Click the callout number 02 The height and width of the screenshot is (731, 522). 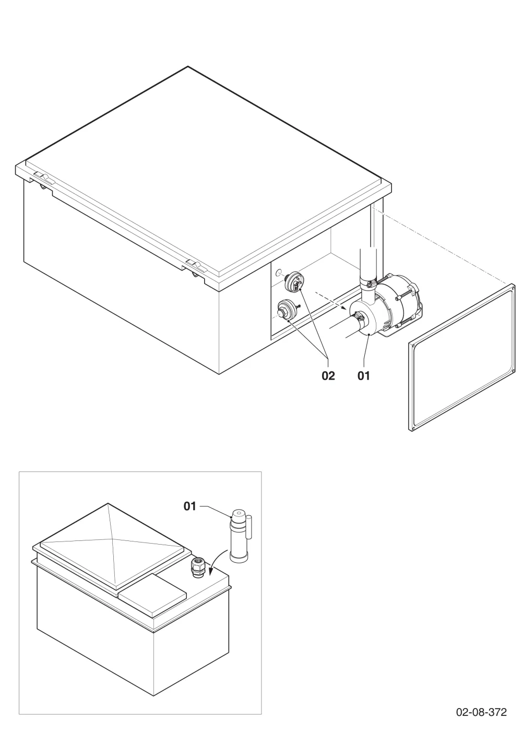pos(328,376)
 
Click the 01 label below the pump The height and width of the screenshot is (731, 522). pos(363,376)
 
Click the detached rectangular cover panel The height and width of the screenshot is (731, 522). pos(461,357)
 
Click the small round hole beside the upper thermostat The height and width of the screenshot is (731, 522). pos(278,273)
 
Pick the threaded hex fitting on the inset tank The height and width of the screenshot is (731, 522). pos(197,567)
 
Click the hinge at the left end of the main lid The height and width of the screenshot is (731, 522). pos(43,179)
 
